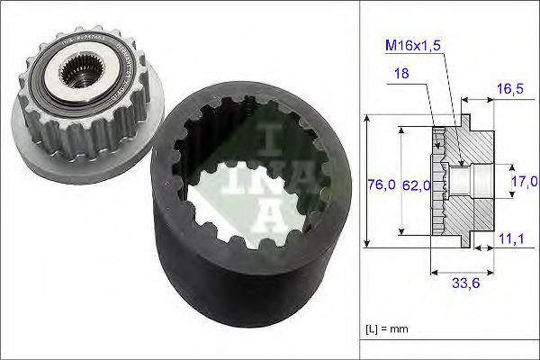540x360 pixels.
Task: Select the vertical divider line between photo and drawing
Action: tap(359, 180)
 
